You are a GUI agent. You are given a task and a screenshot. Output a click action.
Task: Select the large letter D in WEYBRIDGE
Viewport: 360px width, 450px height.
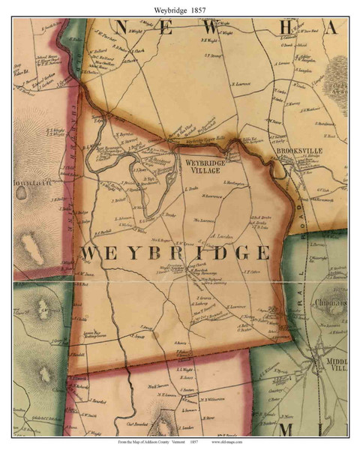point(209,253)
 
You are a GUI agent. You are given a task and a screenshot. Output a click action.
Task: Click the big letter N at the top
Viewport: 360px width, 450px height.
point(127,28)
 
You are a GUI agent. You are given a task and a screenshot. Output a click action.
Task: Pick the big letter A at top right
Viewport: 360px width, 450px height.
point(331,28)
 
